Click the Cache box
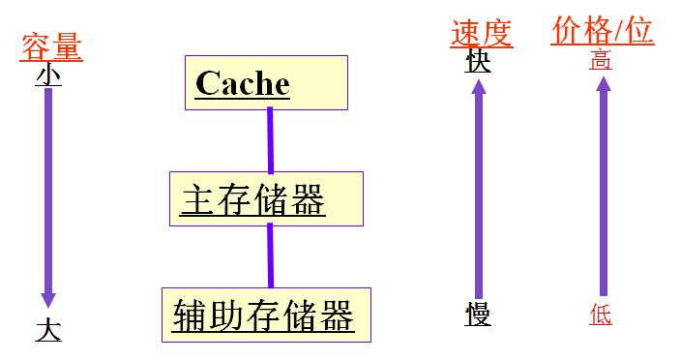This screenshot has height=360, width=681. point(266,82)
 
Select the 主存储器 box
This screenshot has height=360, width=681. point(266,199)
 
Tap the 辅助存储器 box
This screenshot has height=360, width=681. point(266,315)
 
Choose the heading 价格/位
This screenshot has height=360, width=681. point(602,31)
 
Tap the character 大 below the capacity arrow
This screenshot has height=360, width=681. point(48,330)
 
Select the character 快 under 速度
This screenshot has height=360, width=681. point(478,62)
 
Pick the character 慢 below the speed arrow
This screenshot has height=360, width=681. point(478,315)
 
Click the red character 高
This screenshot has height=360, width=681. point(601,61)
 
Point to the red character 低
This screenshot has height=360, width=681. point(601,315)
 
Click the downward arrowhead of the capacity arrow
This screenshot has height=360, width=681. point(48,299)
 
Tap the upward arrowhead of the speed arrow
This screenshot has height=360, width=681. point(478,89)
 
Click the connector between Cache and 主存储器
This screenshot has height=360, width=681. point(270,140)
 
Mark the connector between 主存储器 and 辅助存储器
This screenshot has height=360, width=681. point(270,256)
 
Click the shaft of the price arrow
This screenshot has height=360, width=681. point(603,194)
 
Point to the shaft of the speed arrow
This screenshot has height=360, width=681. point(478,194)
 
